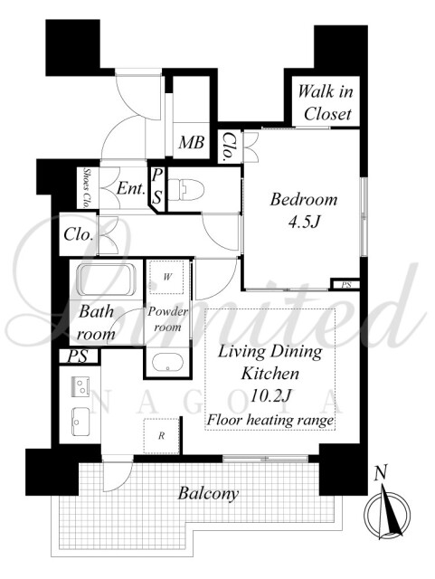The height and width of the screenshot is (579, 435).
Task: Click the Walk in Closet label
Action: [326, 102]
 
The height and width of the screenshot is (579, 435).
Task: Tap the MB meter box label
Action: [192, 142]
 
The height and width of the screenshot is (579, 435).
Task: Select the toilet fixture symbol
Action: [185, 189]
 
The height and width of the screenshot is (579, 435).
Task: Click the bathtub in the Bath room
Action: [107, 280]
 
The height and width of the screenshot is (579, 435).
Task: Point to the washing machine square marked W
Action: [167, 277]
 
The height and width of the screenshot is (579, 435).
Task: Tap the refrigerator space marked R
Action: [161, 436]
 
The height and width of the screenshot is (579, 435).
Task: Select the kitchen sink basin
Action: [80, 422]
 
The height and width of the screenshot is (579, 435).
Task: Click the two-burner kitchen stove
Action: [80, 386]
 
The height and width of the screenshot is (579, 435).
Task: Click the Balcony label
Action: [208, 493]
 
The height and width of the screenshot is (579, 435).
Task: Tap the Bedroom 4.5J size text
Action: [304, 222]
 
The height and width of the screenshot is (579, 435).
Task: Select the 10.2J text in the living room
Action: [271, 396]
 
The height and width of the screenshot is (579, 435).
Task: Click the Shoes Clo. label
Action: [88, 187]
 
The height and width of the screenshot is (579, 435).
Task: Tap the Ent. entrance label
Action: [131, 189]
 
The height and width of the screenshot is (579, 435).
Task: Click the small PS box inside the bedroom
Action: [345, 285]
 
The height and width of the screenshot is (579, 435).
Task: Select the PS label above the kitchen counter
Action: [78, 356]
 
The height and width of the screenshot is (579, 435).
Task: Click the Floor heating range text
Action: [270, 420]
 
